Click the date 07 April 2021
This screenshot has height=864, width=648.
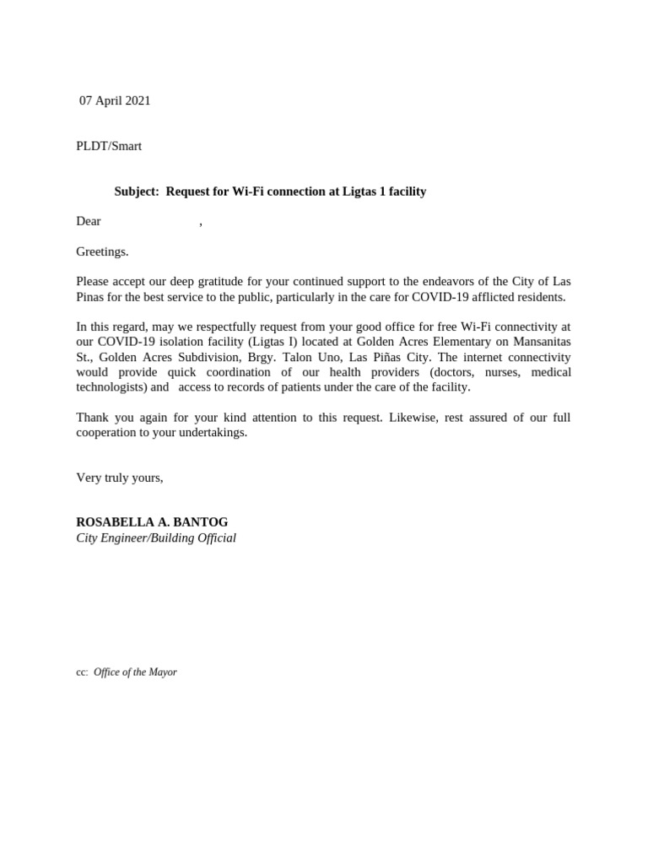115,100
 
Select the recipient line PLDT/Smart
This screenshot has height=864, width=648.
109,146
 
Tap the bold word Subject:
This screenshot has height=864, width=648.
137,192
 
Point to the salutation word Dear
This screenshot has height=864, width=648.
89,221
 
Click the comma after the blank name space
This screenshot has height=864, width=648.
201,223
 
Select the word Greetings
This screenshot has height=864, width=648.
102,251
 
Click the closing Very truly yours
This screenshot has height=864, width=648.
120,478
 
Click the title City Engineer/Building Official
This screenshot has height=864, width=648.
156,537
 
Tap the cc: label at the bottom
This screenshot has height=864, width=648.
82,672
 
